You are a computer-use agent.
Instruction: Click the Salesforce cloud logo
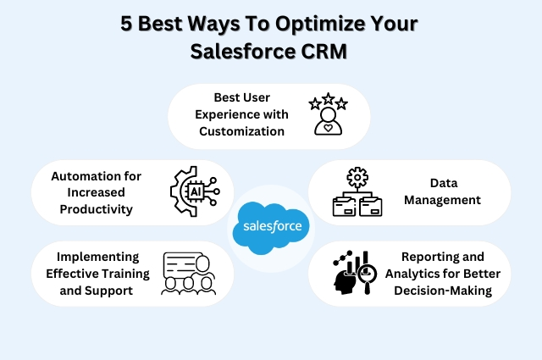(271, 227)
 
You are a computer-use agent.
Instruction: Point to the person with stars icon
(328, 115)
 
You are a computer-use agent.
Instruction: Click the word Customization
(241, 131)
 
